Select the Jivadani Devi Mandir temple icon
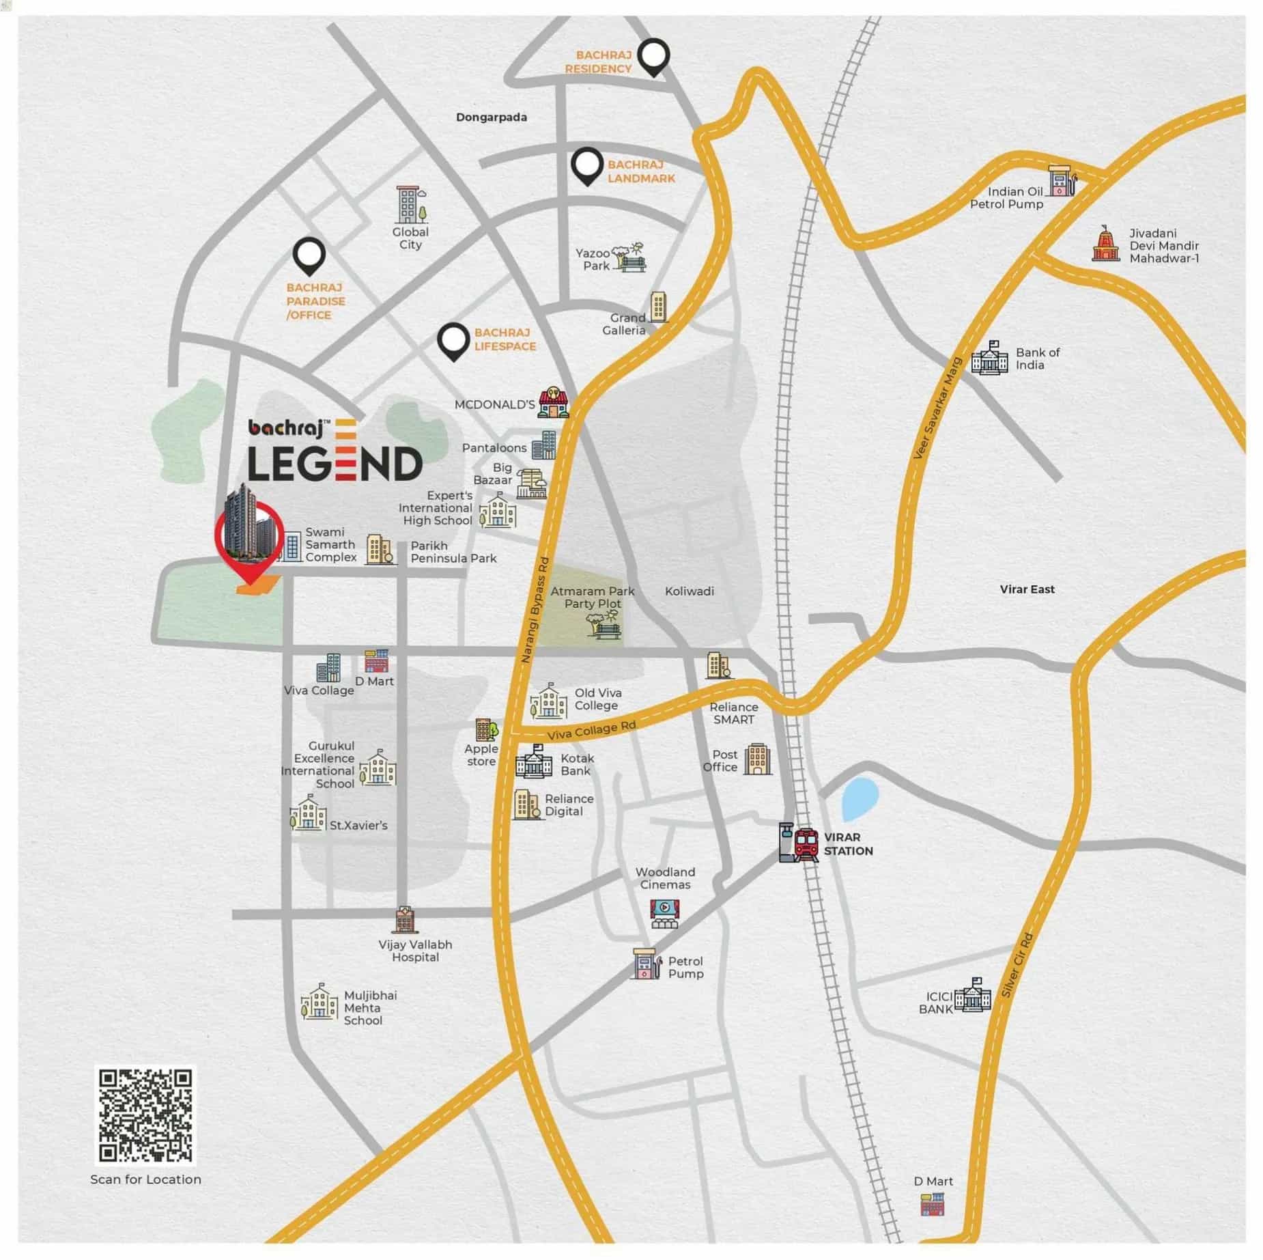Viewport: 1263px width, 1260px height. (x=1105, y=244)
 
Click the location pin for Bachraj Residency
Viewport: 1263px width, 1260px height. (x=653, y=57)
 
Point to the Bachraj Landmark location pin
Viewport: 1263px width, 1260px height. (x=586, y=166)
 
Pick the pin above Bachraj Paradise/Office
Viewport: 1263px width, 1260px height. (x=309, y=256)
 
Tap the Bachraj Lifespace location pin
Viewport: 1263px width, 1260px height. (x=453, y=341)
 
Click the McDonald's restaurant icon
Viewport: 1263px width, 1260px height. (x=553, y=402)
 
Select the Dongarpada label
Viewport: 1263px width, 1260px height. (x=491, y=117)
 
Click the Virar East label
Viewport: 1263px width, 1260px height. (x=1027, y=589)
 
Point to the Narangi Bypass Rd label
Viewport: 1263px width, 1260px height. (x=535, y=610)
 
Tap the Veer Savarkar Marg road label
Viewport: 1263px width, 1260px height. (x=937, y=408)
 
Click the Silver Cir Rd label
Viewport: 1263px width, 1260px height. (x=1017, y=965)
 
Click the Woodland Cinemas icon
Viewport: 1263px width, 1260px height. (x=664, y=912)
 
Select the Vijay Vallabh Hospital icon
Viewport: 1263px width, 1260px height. (x=404, y=920)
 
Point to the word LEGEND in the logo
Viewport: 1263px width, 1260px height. (x=335, y=464)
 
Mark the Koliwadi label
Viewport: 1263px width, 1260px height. (x=689, y=591)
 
